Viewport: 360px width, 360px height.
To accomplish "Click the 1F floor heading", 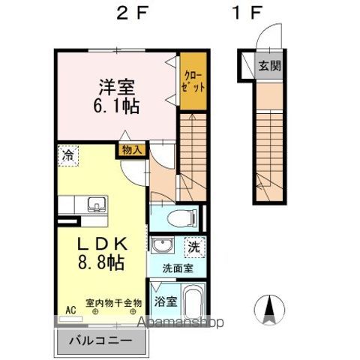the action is coord(247,13).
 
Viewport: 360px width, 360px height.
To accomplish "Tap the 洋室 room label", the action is coord(117,87).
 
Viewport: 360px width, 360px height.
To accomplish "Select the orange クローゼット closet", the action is coord(193,81).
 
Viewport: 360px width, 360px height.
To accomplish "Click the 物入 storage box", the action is coord(131,150).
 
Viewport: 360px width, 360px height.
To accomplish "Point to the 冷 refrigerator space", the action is coord(68,156).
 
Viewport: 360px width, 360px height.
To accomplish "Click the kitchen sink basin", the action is coord(97,204).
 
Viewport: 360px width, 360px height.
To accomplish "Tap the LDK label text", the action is coord(103,244).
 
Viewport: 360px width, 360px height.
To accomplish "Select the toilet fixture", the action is coord(183,217).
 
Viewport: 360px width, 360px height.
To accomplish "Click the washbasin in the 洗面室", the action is coord(162,244).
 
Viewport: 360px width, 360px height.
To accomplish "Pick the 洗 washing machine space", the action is coord(195,247).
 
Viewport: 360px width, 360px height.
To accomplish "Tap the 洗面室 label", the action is coord(178,268).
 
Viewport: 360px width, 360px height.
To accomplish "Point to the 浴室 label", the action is coord(166,301).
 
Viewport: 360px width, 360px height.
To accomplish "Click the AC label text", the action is coord(70,310).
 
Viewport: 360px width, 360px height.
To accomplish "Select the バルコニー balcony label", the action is coord(100,340).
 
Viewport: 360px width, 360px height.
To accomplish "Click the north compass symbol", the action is coord(269,310).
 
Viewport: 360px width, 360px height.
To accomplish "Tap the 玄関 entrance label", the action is coord(269,66).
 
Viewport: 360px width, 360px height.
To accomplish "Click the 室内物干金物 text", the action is coord(114,303).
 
